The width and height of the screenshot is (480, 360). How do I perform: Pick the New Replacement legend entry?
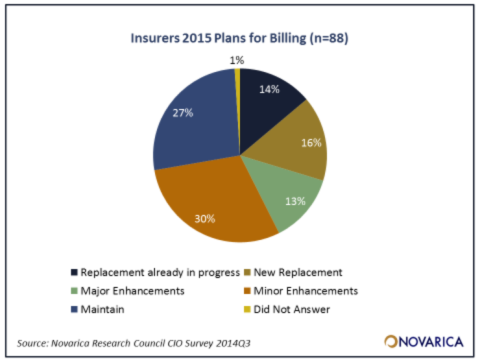point(299,273)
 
